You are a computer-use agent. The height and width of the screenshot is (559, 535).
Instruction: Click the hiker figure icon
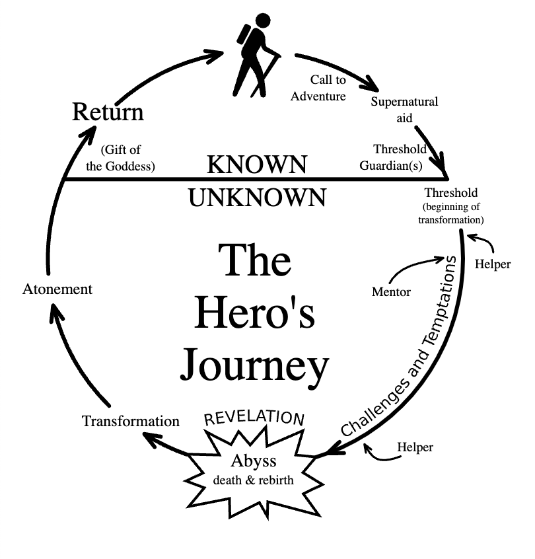[x=256, y=56]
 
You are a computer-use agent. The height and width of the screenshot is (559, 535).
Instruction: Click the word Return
[x=107, y=112]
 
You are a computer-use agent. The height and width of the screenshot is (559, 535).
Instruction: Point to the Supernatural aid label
[x=404, y=108]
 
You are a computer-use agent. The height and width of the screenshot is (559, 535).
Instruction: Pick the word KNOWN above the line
[x=258, y=165]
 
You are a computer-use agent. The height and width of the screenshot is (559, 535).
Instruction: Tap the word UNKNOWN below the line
[x=258, y=197]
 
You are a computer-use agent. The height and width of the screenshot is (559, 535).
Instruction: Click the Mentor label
[x=392, y=291]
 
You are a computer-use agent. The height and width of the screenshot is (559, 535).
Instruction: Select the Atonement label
[x=57, y=289]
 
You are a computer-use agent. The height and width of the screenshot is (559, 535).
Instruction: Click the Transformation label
[x=131, y=421]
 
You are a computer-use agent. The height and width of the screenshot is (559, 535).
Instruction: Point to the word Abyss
[x=254, y=461]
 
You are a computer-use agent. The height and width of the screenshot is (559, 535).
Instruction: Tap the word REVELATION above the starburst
[x=254, y=418]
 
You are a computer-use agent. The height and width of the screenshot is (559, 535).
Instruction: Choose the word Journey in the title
[x=255, y=364]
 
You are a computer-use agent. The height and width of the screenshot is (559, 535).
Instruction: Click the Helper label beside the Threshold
[x=493, y=264]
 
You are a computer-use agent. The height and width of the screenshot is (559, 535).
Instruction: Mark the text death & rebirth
[x=254, y=480]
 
